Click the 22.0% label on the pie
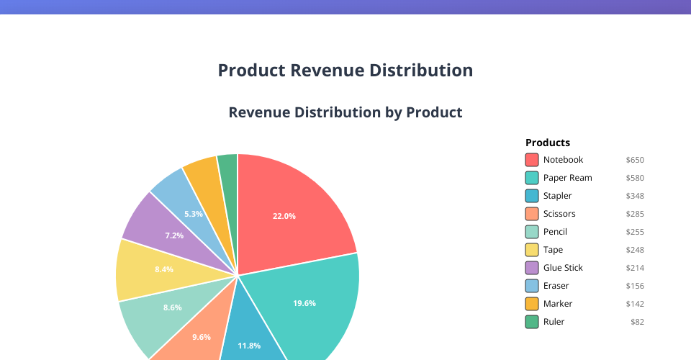coord(284,216)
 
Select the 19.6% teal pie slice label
coord(304,303)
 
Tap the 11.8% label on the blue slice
coord(249,346)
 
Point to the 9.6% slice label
coord(202,337)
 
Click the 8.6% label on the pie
coord(172,307)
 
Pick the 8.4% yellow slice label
coord(164,269)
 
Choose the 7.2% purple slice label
coord(174,235)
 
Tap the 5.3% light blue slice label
coord(194,214)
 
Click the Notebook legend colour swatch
coord(532,160)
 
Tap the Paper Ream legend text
coord(567,178)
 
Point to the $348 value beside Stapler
coord(635,196)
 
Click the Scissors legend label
coord(559,214)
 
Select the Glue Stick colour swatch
coord(532,268)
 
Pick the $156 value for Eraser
coord(635,286)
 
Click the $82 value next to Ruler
coord(637,322)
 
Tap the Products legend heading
coord(548,143)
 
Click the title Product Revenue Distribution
coord(345,71)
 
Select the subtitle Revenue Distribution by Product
coord(345,112)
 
